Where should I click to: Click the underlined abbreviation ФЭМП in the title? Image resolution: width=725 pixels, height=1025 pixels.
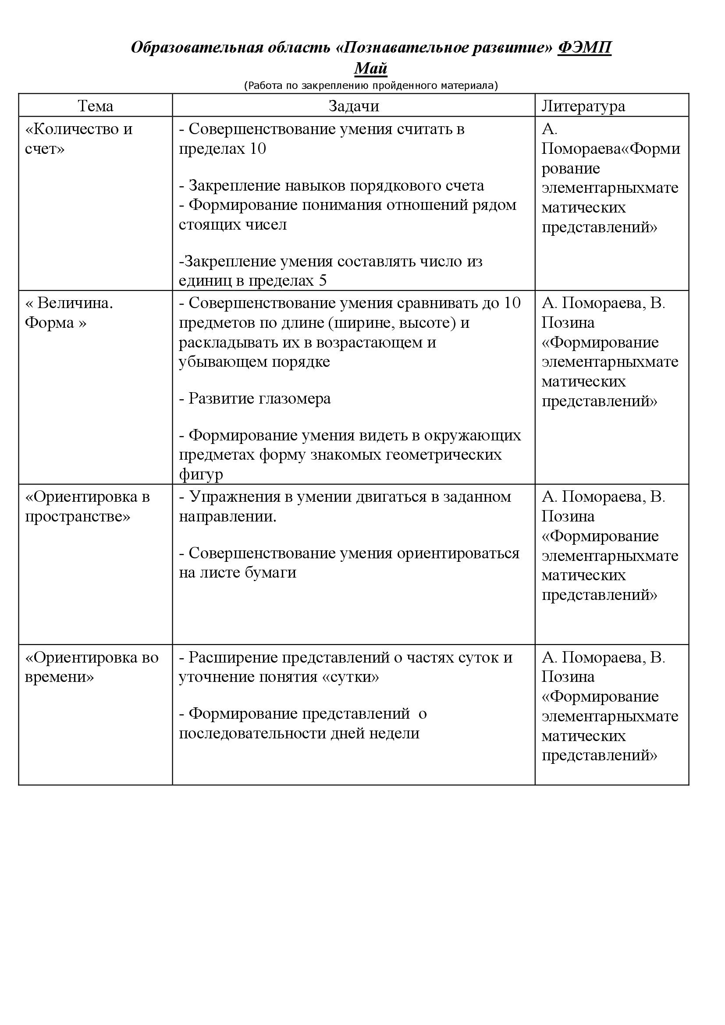click(584, 47)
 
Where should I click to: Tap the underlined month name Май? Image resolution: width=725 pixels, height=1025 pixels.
click(370, 68)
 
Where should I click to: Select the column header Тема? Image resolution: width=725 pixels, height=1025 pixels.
click(95, 106)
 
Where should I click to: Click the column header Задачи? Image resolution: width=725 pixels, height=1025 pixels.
click(354, 106)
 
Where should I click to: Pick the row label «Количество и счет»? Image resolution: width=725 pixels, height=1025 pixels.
click(78, 138)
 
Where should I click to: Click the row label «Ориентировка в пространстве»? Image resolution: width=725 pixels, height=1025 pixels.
click(87, 506)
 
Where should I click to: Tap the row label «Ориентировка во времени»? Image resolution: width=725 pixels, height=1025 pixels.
click(92, 667)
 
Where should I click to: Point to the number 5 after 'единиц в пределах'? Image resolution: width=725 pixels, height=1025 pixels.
click(323, 281)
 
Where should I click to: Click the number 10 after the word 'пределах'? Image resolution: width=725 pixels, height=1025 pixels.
click(258, 149)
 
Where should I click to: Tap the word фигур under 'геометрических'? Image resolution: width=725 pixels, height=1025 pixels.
click(201, 474)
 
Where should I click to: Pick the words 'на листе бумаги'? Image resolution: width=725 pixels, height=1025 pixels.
click(238, 572)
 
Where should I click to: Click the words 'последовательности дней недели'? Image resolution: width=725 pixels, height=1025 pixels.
click(299, 733)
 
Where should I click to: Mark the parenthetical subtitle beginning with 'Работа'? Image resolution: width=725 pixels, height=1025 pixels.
click(370, 85)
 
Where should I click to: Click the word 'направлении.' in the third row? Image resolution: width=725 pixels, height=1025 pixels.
click(227, 517)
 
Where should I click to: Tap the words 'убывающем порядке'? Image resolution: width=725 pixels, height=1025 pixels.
click(255, 361)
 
